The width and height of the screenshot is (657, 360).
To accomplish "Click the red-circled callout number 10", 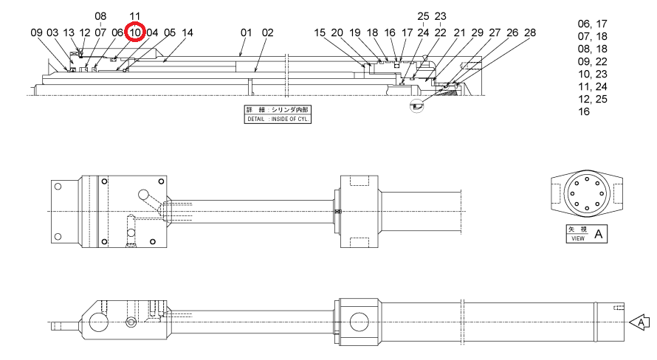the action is [135, 32].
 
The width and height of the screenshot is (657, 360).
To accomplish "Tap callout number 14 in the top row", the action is [188, 32].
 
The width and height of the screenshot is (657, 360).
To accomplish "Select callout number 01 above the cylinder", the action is [246, 32].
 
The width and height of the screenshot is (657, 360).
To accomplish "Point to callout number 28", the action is [530, 32].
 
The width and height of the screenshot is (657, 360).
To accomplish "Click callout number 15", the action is [320, 32].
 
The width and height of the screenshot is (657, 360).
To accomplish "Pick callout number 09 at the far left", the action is [36, 32].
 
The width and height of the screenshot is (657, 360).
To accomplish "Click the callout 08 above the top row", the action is [100, 16].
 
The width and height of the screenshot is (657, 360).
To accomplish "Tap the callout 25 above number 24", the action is [423, 16].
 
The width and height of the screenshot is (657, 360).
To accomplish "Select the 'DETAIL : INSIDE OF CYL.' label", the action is [278, 119].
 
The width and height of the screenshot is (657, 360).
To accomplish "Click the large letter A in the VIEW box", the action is [599, 234].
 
